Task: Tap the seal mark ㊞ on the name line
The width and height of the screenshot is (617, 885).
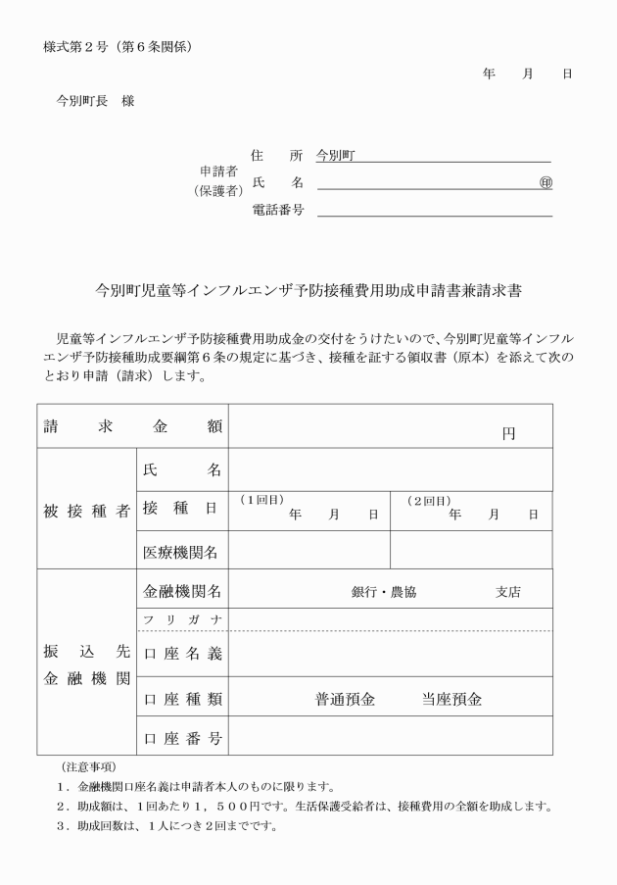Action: (x=546, y=182)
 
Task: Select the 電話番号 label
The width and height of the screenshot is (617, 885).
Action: (x=278, y=209)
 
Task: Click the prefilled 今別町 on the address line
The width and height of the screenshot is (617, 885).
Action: (x=335, y=156)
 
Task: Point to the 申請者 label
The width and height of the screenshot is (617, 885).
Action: (x=218, y=172)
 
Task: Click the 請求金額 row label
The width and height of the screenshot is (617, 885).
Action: (x=132, y=426)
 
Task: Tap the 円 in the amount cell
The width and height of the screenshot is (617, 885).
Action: (x=508, y=433)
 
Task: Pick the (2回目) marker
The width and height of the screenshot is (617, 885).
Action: (x=428, y=500)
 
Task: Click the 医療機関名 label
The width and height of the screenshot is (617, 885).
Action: (x=181, y=553)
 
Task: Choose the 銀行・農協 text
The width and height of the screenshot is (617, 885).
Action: (x=384, y=591)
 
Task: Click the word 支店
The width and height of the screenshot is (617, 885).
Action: (x=507, y=591)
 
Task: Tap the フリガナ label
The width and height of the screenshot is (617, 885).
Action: (x=182, y=619)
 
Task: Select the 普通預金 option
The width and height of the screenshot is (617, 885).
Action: (x=345, y=700)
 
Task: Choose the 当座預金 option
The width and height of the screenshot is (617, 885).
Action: (x=451, y=700)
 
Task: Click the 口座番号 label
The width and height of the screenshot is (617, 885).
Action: (x=182, y=738)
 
